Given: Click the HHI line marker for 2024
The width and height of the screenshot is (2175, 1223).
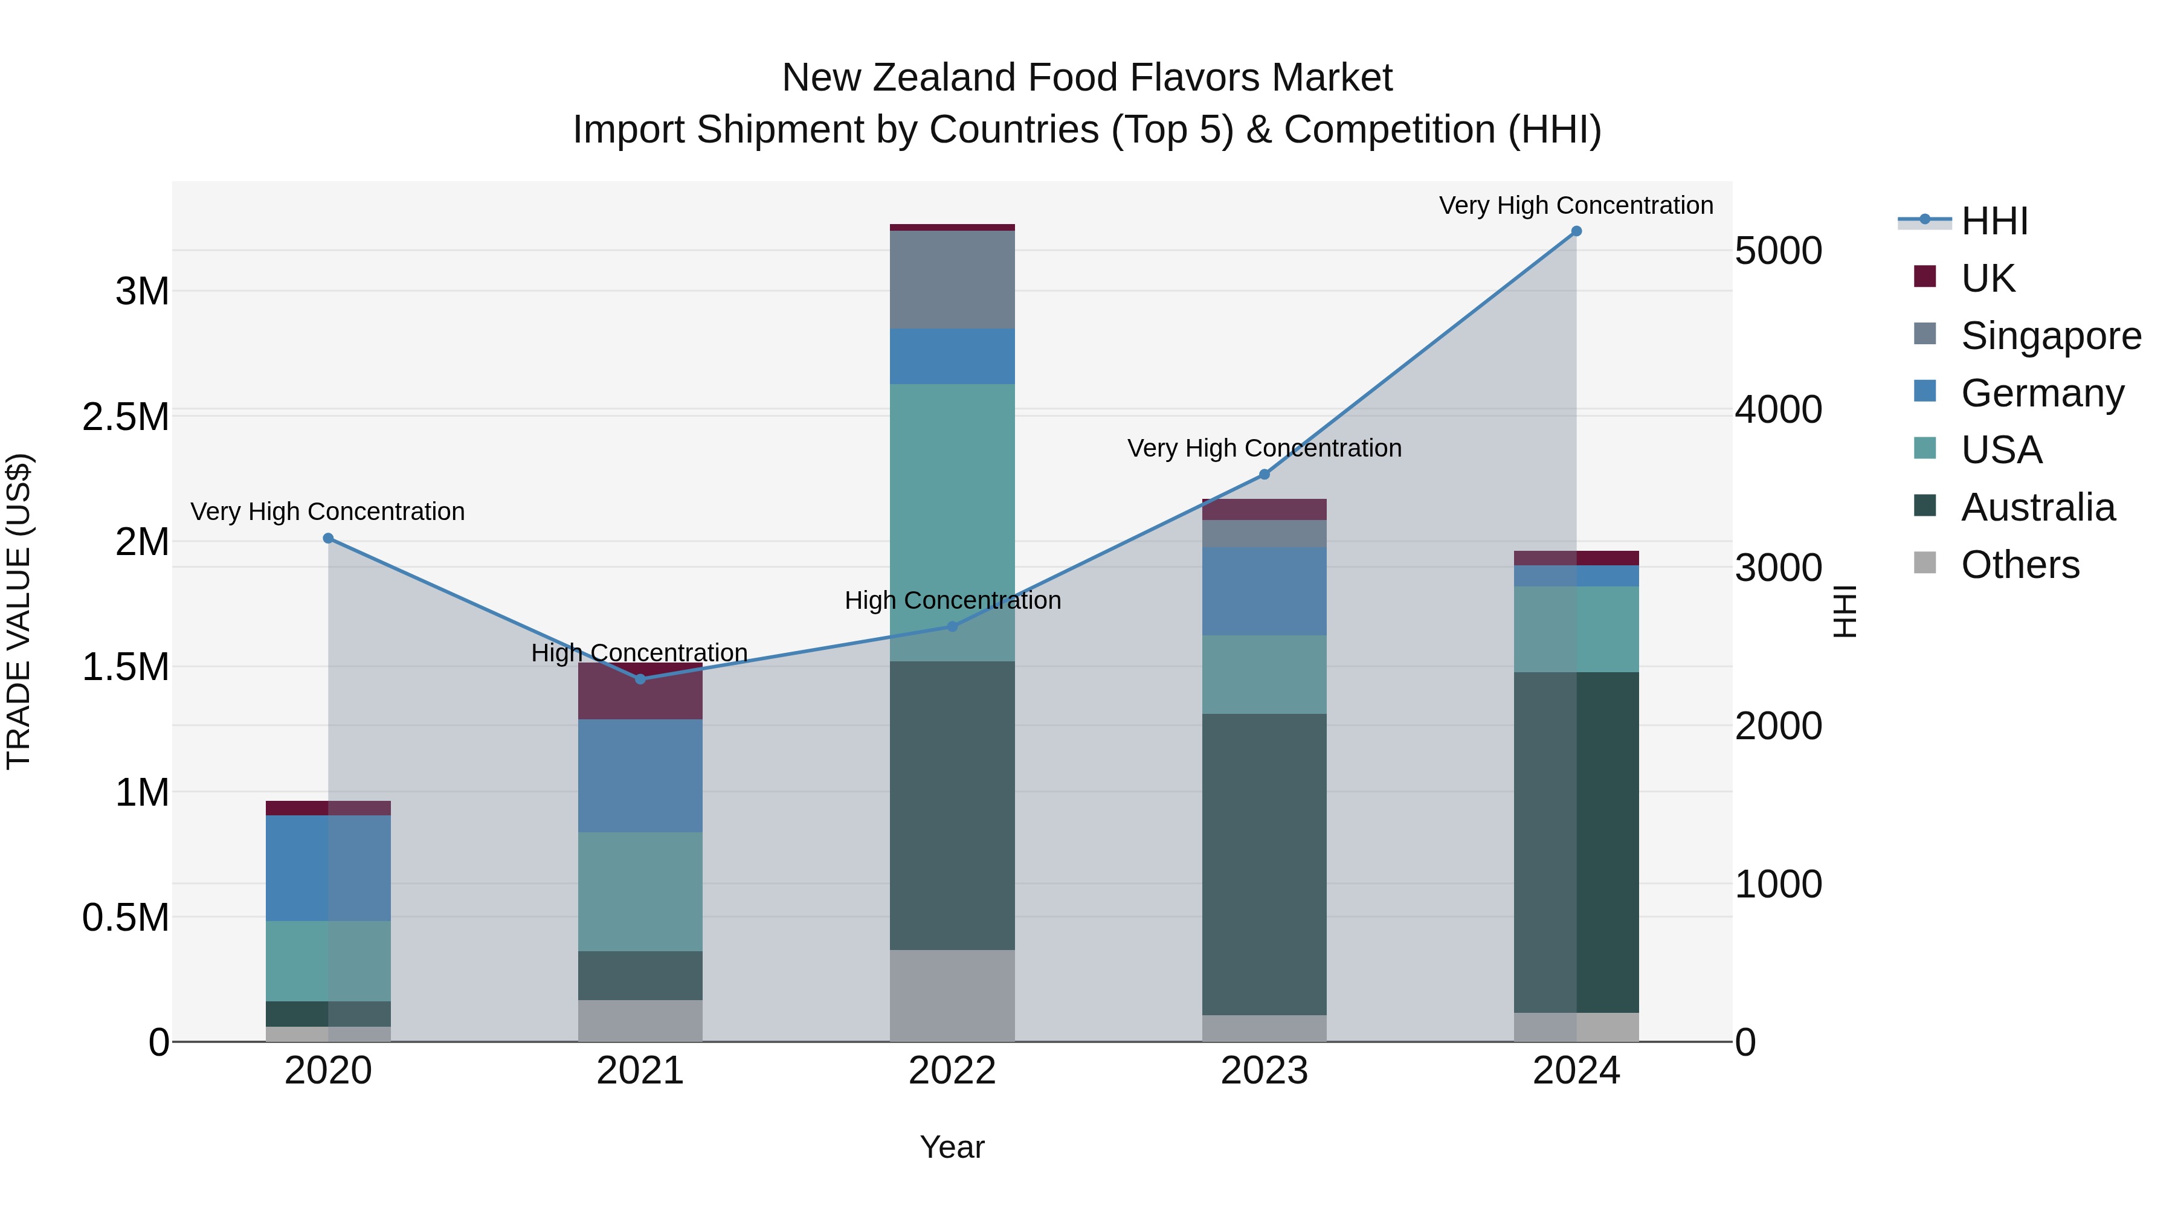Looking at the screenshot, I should [x=1576, y=231].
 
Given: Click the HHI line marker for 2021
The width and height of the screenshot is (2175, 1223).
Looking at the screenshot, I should [x=640, y=679].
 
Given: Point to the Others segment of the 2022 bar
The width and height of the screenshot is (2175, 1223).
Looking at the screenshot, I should [x=952, y=995].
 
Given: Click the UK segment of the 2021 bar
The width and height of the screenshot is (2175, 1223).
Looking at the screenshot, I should [x=640, y=697].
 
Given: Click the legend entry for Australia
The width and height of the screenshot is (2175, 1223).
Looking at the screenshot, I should [x=2037, y=507].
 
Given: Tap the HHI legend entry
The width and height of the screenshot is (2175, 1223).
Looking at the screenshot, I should [x=1994, y=221].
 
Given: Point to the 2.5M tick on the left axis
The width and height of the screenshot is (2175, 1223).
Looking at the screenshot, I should [x=125, y=417].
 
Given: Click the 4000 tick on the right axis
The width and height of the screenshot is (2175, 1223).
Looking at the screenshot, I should [x=1778, y=409].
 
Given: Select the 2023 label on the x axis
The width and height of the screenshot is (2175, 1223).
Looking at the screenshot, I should [x=1264, y=1071].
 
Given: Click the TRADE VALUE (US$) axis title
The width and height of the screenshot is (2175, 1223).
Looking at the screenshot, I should [x=19, y=611].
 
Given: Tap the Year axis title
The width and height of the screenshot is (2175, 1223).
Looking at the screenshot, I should [x=952, y=1147].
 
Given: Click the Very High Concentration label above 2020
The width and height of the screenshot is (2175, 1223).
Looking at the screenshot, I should [x=327, y=512].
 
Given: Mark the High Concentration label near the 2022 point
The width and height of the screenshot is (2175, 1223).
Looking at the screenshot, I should [x=952, y=600].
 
